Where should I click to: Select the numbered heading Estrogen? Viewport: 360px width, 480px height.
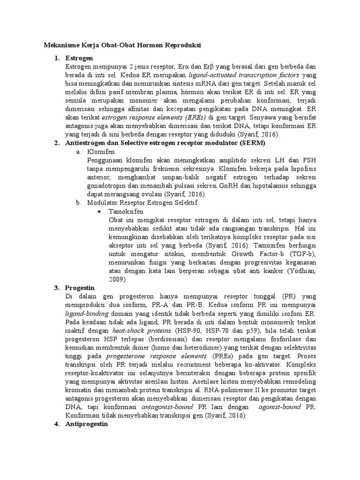79,58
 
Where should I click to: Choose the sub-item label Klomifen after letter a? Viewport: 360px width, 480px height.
101,152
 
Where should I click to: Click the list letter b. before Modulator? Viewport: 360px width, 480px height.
78,202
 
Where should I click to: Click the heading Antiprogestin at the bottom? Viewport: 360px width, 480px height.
88,423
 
